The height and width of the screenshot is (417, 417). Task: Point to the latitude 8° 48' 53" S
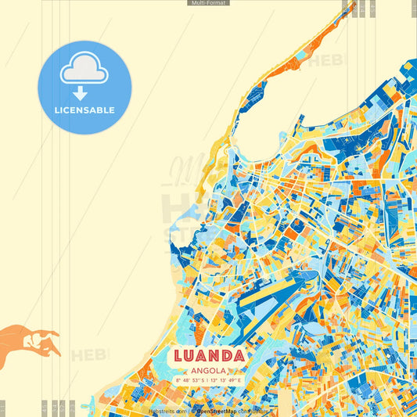190,381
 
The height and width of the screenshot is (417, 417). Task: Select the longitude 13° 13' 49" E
226,381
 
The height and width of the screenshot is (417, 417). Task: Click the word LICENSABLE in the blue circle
84,110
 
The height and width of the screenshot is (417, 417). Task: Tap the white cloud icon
84,70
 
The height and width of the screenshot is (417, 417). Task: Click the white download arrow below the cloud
80,93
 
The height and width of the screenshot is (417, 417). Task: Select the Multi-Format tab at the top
208,3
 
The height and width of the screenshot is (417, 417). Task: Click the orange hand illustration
31,343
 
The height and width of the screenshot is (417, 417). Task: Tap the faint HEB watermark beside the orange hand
91,355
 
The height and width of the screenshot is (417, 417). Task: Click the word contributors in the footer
252,410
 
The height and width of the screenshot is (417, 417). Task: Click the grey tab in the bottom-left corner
2,408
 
